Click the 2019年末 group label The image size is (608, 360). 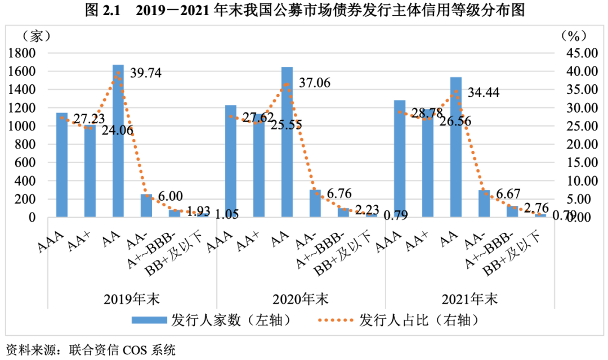[x=133, y=298]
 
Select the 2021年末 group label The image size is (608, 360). [x=471, y=298]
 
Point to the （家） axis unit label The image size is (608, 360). [x=37, y=35]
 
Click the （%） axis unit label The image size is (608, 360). [x=574, y=35]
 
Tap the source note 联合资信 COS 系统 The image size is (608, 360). [x=121, y=350]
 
